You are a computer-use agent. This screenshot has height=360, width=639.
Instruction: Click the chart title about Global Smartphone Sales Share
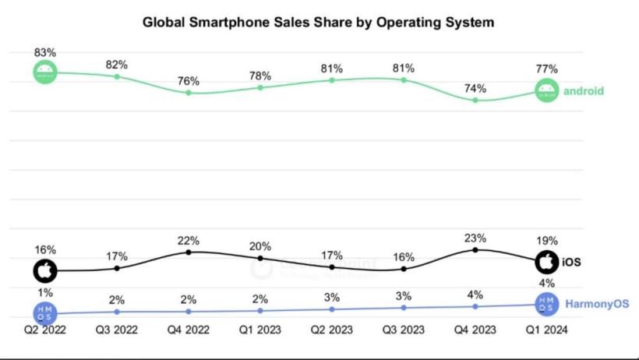tap(318, 23)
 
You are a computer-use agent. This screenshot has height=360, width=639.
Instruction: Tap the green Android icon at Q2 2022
tap(45, 72)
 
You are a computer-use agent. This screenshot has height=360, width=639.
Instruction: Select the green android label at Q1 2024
tap(584, 90)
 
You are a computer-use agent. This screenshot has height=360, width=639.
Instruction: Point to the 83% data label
tap(45, 52)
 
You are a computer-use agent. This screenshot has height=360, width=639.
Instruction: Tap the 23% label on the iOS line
tap(475, 238)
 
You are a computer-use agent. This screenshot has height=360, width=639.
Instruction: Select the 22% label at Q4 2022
tap(189, 240)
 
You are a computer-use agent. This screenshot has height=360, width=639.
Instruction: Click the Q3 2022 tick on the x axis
tap(117, 330)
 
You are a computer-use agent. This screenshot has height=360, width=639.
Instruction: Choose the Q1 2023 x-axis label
tap(260, 330)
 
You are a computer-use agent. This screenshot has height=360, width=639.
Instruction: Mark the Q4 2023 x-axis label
tap(475, 330)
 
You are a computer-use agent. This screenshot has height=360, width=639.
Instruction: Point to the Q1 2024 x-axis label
tap(547, 330)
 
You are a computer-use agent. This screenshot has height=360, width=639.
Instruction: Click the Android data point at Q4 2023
tap(475, 100)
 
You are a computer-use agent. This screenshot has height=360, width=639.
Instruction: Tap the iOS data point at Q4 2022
tap(189, 252)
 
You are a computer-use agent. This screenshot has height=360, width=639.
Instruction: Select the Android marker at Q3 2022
tap(117, 76)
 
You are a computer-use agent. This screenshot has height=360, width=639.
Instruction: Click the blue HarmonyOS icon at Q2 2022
tap(45, 312)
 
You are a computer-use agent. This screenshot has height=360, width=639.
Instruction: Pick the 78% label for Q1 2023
tap(260, 76)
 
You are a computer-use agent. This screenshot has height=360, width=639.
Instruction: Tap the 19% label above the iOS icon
tap(547, 242)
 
